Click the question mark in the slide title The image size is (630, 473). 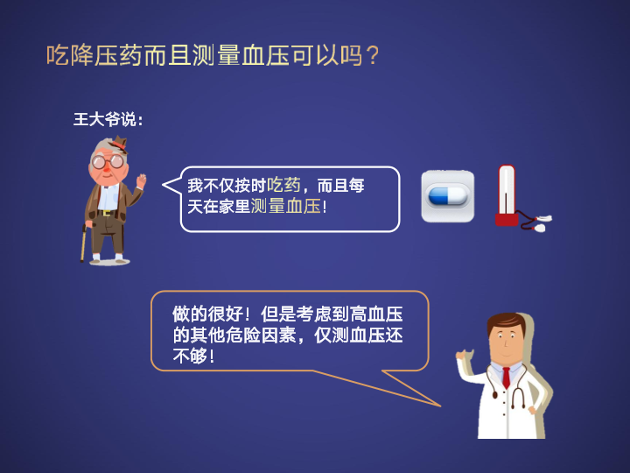pyautogui.click(x=373, y=55)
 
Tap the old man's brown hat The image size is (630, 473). pyautogui.click(x=119, y=145)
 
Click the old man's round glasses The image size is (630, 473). pyautogui.click(x=108, y=162)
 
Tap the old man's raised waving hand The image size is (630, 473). pyautogui.click(x=141, y=180)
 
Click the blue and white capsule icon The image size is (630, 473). pyautogui.click(x=448, y=196)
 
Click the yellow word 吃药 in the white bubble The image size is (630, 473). pyautogui.click(x=283, y=186)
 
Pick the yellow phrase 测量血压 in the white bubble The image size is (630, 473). pyautogui.click(x=285, y=207)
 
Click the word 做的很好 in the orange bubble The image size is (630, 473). pyautogui.click(x=208, y=314)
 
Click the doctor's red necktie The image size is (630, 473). pyautogui.click(x=507, y=378)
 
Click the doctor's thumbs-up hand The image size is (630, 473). pyautogui.click(x=465, y=356)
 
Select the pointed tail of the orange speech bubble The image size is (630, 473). pyautogui.click(x=439, y=406)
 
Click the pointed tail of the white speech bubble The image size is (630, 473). pyautogui.click(x=163, y=185)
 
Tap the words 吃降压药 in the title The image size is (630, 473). pyautogui.click(x=94, y=55)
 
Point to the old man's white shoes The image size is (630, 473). pyautogui.click(x=108, y=257)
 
